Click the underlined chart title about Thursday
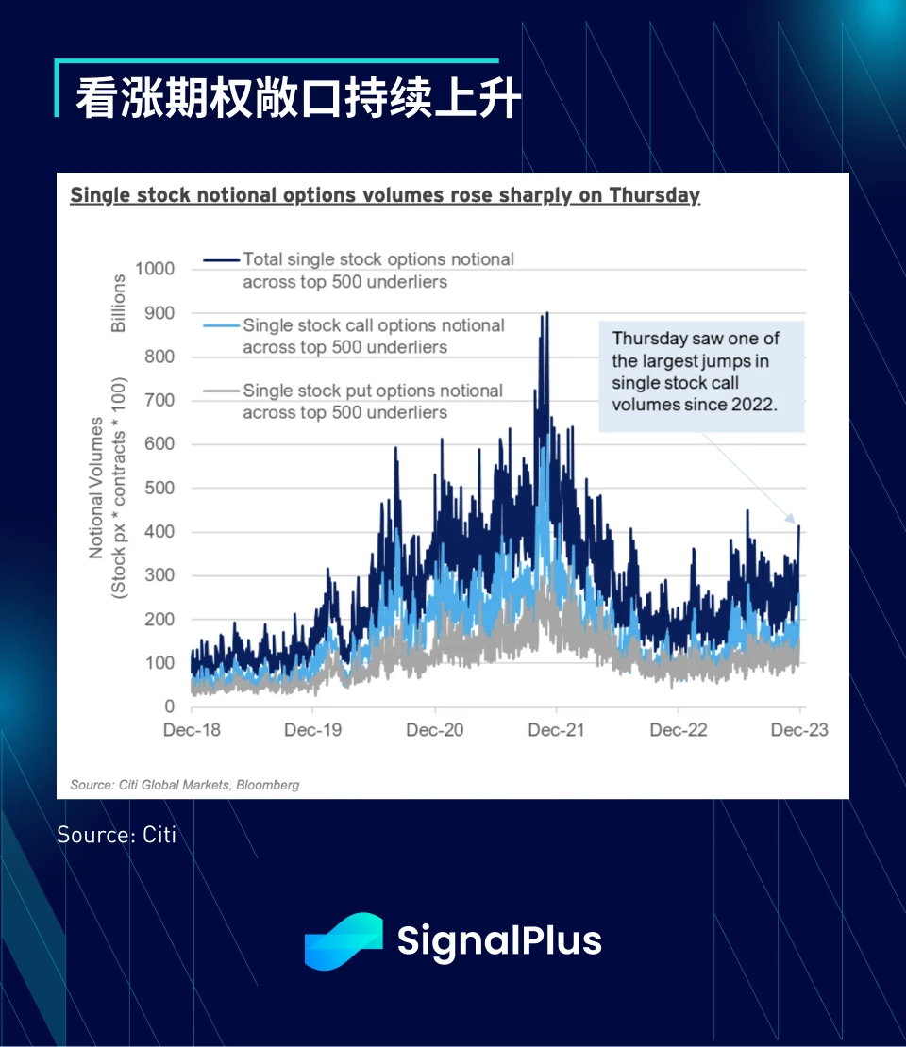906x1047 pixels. [x=385, y=195]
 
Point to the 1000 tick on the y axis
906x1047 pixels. [x=155, y=269]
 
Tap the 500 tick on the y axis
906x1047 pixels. [x=159, y=488]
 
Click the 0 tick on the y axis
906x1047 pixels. [x=170, y=706]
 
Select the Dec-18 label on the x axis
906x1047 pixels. [x=192, y=730]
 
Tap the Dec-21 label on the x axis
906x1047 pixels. [x=557, y=730]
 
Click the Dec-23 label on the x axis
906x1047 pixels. [x=800, y=730]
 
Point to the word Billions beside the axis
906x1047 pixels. [x=119, y=303]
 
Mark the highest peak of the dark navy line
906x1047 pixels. [x=547, y=313]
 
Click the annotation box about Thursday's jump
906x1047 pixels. [x=701, y=372]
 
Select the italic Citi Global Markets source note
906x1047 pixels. [x=185, y=785]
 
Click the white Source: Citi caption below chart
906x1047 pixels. [x=116, y=834]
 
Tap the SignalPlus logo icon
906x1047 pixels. [x=344, y=940]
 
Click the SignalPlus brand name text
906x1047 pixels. [x=499, y=941]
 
